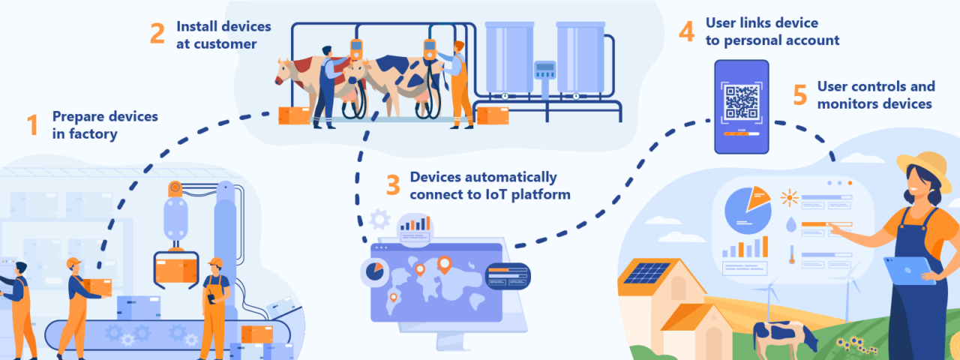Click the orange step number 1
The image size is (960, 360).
coord(32,125)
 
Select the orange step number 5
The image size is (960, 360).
coord(800,95)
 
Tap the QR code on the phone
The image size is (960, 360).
coord(741,102)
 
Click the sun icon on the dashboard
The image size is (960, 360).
coord(789,199)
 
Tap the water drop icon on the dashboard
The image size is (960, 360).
coord(790,224)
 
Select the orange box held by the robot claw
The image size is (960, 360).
coord(175,268)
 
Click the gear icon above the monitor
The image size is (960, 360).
coord(380,220)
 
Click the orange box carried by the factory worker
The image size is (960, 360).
coord(97,286)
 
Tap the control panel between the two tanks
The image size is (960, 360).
coord(544,70)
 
